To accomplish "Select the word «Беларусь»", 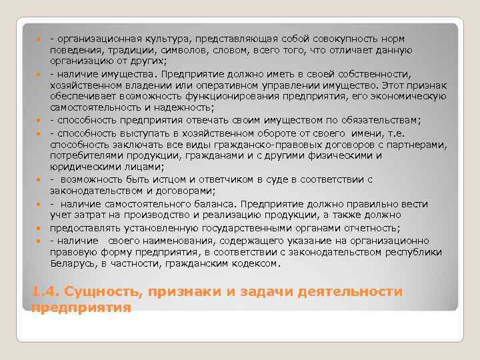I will click(x=73, y=263).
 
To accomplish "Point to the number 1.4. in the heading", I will click(x=45, y=292).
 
